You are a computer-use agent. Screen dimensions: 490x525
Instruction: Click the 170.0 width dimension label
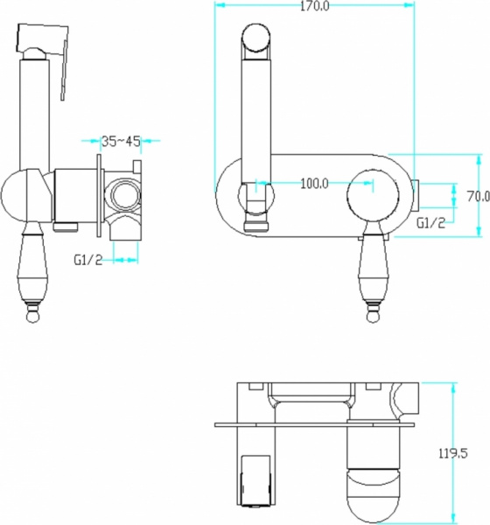click(314, 6)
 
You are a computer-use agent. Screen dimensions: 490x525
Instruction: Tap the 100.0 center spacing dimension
click(314, 184)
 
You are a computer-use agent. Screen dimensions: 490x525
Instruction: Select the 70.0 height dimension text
click(479, 196)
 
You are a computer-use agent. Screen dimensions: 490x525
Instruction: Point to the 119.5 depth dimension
click(453, 453)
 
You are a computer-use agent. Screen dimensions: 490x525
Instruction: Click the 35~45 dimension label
click(121, 141)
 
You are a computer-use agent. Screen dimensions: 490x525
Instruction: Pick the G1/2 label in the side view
click(88, 260)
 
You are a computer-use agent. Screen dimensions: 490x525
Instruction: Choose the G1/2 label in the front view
click(431, 222)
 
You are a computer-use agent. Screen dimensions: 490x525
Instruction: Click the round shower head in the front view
click(255, 38)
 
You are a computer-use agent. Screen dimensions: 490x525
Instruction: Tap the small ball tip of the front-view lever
click(373, 317)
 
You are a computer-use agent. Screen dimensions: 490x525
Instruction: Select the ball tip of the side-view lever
click(32, 317)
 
